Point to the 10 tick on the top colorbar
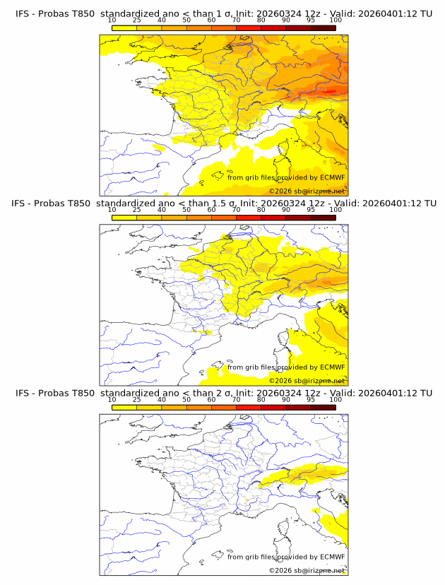(x=112, y=20)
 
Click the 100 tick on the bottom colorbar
(x=336, y=400)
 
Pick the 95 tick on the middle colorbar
(x=311, y=210)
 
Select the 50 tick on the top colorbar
(x=186, y=20)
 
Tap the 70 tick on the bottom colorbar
(x=237, y=400)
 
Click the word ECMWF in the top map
(x=333, y=177)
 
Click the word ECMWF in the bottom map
(x=333, y=557)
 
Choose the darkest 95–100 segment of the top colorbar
(x=324, y=28)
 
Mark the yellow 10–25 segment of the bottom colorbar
(x=124, y=407)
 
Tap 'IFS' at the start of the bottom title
(x=23, y=393)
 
